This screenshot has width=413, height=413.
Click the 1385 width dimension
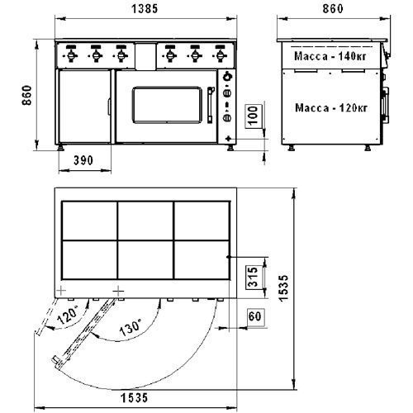[145, 9]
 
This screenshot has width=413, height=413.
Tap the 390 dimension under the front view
[83, 160]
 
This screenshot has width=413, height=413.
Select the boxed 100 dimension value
[254, 115]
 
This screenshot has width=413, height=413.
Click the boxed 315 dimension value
[254, 277]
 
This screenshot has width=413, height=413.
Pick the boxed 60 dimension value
[254, 316]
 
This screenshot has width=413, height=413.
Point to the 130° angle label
[131, 327]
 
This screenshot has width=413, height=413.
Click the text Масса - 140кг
[330, 56]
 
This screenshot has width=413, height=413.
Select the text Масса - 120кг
[331, 107]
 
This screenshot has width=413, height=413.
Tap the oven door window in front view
[167, 105]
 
